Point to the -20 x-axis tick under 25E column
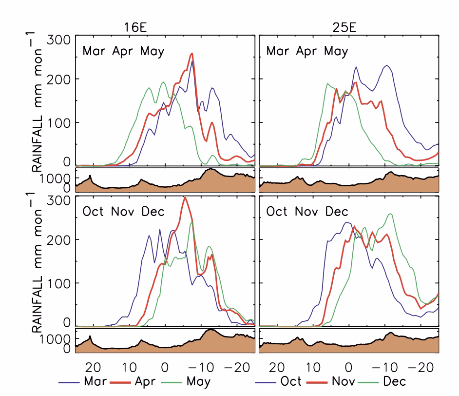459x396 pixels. click(x=418, y=366)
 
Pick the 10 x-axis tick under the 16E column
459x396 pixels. click(x=129, y=366)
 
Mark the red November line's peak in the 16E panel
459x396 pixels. click(x=185, y=198)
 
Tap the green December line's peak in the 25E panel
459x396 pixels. click(x=391, y=214)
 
